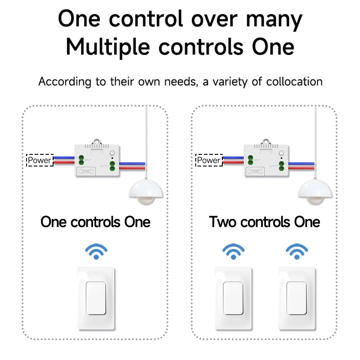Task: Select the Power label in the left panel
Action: pyautogui.click(x=40, y=160)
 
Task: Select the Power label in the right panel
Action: pyautogui.click(x=209, y=160)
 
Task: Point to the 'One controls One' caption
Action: pyautogui.click(x=95, y=222)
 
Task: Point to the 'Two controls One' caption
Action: pyautogui.click(x=264, y=222)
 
